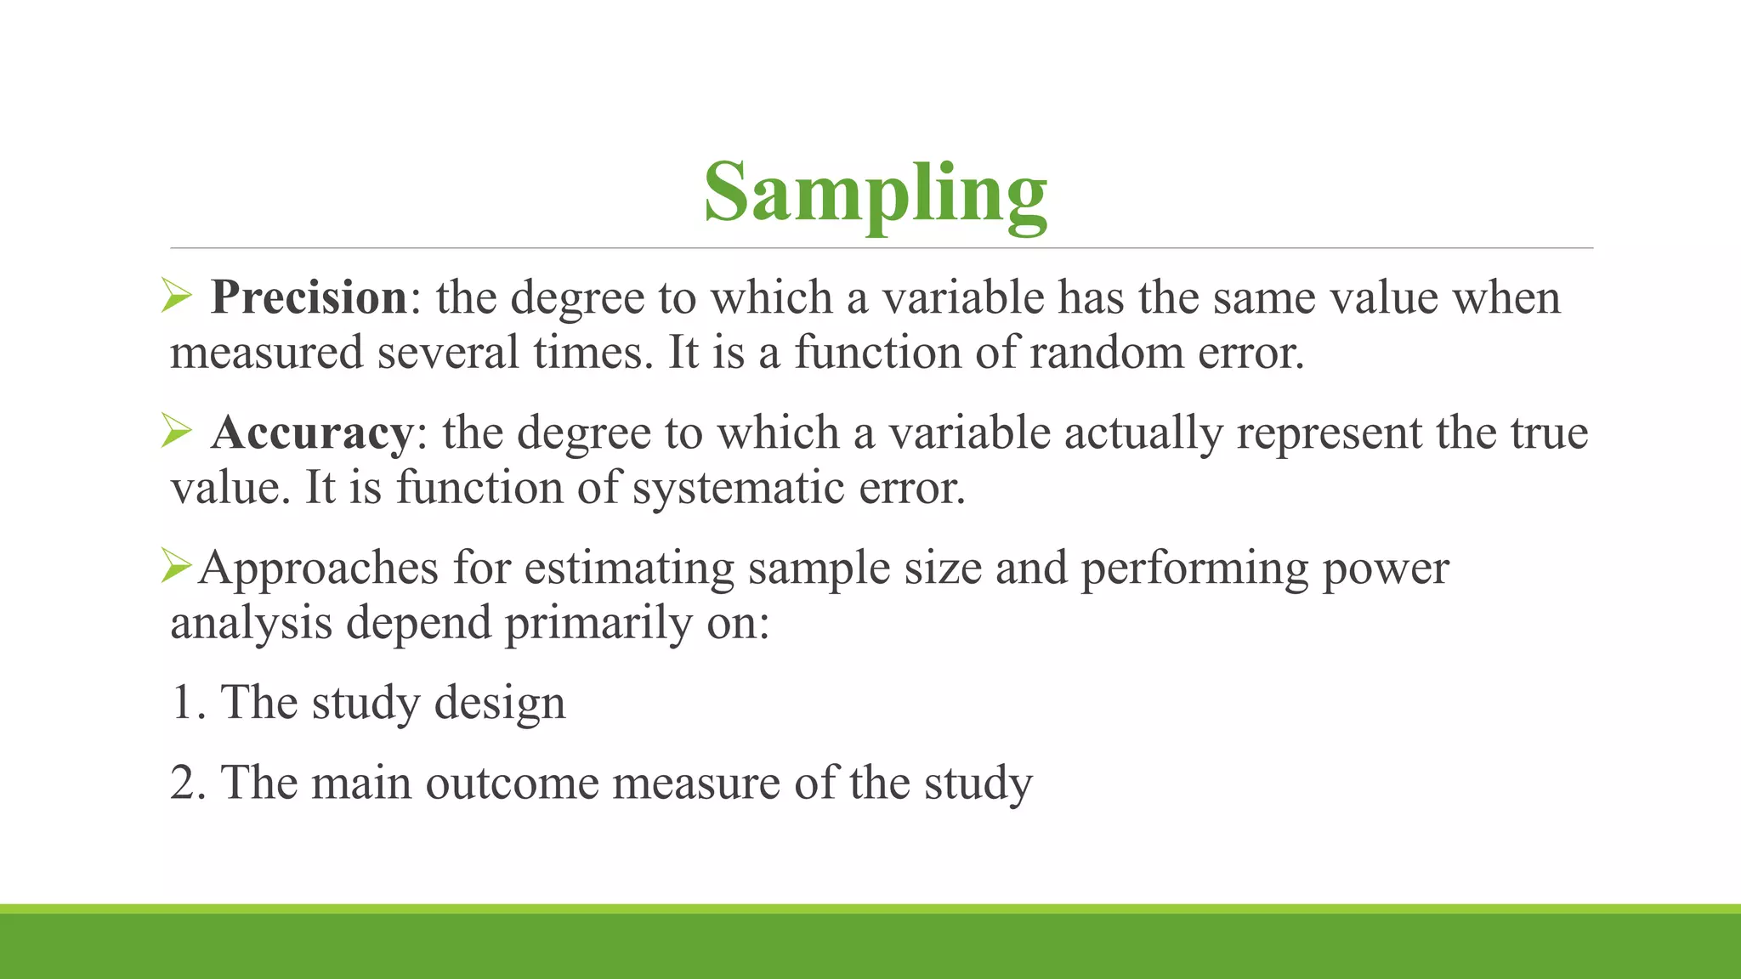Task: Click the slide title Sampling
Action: pyautogui.click(x=875, y=194)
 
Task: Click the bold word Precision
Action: pyautogui.click(x=309, y=297)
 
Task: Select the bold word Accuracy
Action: pyautogui.click(x=312, y=433)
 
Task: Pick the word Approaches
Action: pyautogui.click(x=318, y=569)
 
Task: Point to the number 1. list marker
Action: pyautogui.click(x=188, y=703)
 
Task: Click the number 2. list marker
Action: pyautogui.click(x=188, y=783)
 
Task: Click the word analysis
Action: pyautogui.click(x=251, y=624)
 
